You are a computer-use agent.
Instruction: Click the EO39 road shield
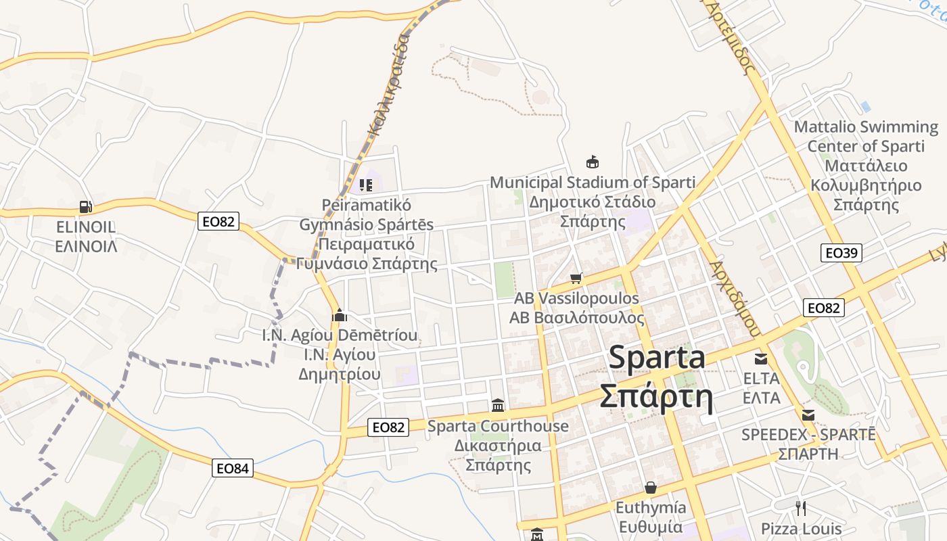tap(841, 253)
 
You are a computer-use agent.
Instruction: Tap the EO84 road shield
tap(233, 467)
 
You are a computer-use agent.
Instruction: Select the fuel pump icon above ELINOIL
tap(85, 207)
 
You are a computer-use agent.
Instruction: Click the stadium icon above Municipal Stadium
tap(593, 162)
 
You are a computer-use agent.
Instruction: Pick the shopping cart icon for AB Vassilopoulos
tap(576, 278)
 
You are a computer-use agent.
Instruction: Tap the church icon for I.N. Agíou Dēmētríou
tap(340, 315)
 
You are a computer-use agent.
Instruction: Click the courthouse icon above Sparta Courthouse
tap(498, 406)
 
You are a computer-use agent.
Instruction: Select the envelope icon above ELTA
tap(761, 358)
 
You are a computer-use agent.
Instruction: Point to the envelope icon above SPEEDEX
tap(808, 415)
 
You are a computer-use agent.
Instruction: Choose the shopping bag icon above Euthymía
tap(650, 488)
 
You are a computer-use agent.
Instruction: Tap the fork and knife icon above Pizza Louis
tap(801, 508)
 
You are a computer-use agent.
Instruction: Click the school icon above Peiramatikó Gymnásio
tap(366, 185)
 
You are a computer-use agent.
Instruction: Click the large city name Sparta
tap(657, 358)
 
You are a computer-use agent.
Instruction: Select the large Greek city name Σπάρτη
tap(657, 398)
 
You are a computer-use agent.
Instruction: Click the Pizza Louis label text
tap(802, 528)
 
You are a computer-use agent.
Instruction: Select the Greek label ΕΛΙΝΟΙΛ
tap(87, 246)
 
